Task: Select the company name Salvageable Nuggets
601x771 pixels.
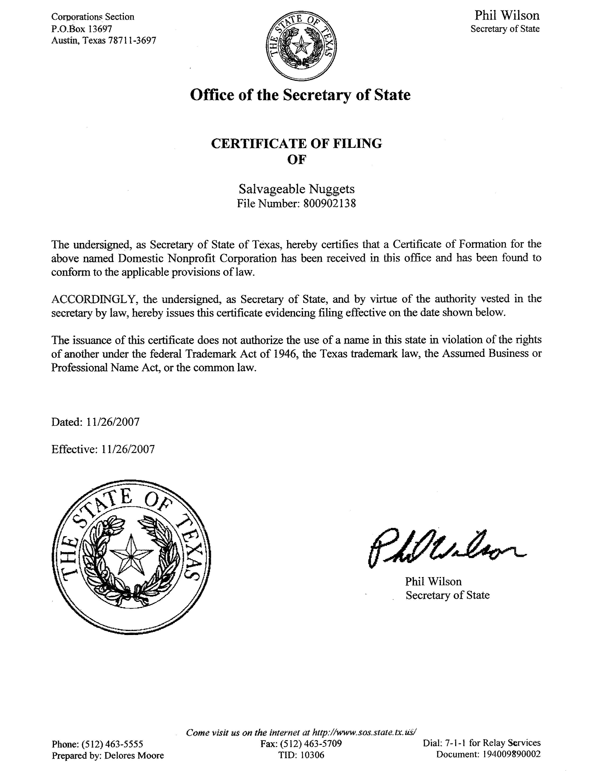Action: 296,189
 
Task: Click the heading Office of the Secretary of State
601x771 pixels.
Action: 300,95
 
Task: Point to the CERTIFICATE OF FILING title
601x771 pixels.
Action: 296,144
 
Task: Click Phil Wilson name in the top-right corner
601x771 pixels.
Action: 507,16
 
